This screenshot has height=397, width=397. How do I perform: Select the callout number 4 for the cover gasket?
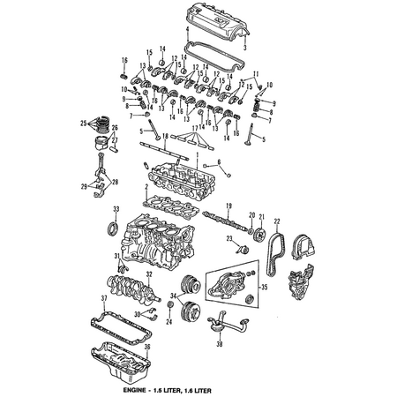(x=186, y=30)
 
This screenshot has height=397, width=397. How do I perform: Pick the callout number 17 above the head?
(x=192, y=128)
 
